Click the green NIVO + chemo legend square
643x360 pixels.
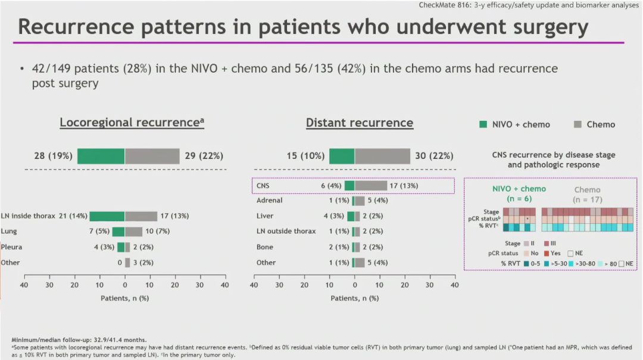coord(484,124)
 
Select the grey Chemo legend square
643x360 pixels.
coord(578,124)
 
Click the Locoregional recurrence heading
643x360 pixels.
coord(132,123)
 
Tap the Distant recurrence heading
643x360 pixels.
coord(360,123)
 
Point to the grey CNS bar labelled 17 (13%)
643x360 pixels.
coord(370,186)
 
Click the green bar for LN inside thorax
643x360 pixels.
coord(107,215)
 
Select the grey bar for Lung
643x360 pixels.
coord(133,231)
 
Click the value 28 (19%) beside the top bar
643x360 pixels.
coord(53,156)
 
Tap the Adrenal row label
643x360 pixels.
coord(269,201)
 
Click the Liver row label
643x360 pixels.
coord(265,216)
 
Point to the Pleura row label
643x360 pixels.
coord(13,247)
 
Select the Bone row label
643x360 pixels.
coord(265,247)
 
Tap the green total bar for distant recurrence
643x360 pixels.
coord(342,156)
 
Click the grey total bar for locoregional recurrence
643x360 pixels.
coord(152,156)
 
